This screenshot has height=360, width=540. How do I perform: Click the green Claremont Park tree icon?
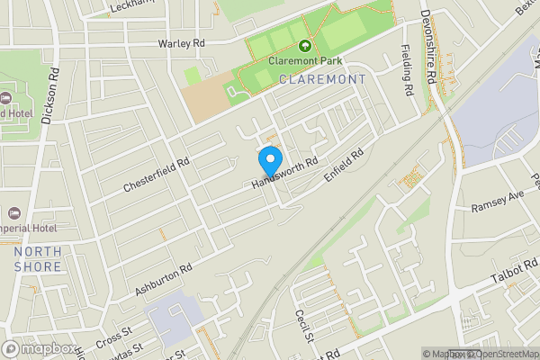click(304, 46)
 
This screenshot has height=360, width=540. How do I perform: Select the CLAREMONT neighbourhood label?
click(323, 79)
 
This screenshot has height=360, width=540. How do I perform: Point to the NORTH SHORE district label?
click(38, 259)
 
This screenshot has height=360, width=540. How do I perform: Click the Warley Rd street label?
click(182, 43)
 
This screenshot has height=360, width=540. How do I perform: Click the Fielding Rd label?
click(407, 72)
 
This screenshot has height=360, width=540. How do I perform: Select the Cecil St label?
click(302, 327)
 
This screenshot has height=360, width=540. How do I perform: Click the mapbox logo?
click(40, 348)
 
